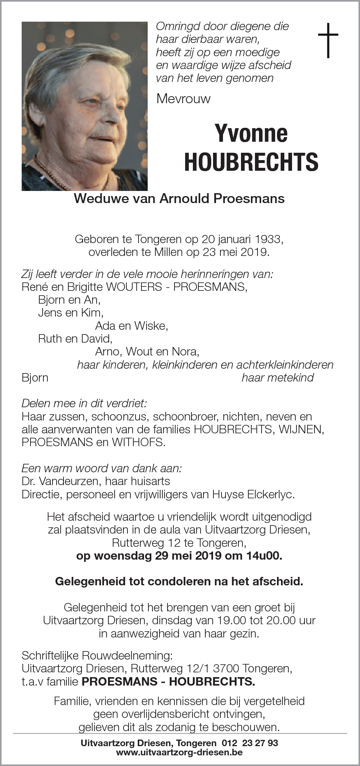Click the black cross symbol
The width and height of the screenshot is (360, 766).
pos(328,40)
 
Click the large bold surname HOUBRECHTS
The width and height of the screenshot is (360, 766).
pos(251,162)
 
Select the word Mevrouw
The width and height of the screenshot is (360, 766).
pos(183,98)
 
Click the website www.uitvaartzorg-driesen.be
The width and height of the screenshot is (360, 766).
pos(179,752)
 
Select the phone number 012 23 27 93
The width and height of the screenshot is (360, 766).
pos(250,743)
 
